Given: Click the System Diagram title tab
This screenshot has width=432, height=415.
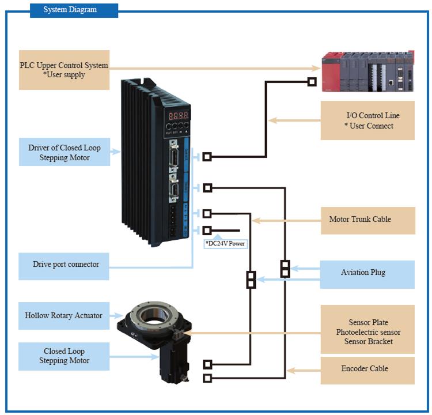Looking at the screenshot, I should click(74, 10).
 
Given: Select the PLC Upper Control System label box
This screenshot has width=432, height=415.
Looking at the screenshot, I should click(64, 70).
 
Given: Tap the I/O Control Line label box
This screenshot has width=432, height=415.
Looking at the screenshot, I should click(367, 120).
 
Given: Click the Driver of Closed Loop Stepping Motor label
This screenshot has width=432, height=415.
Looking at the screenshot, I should click(64, 152).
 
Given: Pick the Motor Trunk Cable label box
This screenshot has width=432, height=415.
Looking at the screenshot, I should click(367, 220).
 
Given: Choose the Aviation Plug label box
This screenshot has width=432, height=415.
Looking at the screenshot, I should click(367, 273).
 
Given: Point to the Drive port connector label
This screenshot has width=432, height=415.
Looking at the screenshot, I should click(64, 265).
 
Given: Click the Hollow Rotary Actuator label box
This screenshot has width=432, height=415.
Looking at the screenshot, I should click(63, 316).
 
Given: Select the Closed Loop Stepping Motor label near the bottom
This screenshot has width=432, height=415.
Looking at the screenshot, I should click(64, 356).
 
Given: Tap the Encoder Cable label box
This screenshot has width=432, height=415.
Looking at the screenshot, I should click(367, 369).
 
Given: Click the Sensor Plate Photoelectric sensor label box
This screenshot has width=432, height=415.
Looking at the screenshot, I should click(367, 332).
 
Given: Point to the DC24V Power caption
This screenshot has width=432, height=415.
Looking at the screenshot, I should click(225, 244).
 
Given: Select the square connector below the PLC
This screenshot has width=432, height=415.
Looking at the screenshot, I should click(312, 82).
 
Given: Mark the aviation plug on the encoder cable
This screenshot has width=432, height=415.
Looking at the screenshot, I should click(285, 269).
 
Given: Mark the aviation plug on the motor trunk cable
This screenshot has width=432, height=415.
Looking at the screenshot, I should click(251, 280).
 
